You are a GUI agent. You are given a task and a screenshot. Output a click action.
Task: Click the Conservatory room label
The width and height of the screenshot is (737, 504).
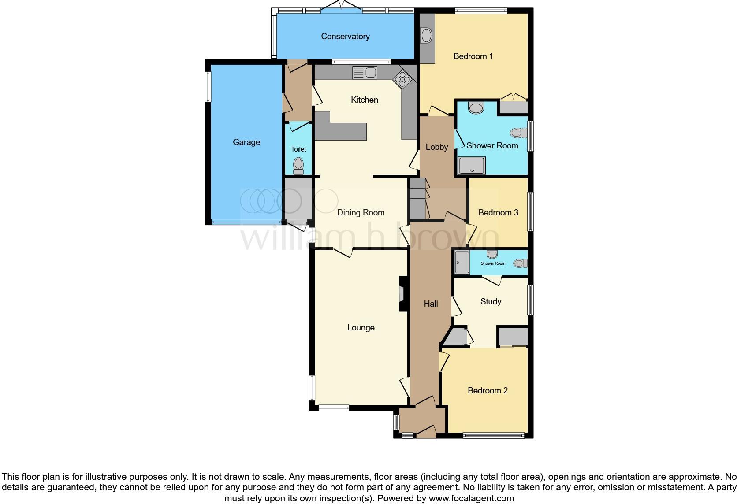coord(345,37)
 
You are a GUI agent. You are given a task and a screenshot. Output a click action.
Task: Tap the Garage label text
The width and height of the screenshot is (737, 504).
coord(246,142)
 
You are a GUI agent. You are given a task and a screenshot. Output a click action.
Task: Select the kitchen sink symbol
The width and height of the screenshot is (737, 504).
coord(365,72)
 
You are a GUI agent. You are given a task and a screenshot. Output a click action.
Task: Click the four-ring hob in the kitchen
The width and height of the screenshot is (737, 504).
coord(403,79)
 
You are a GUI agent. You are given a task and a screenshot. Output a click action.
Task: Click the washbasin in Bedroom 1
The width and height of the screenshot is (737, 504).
coord(426,35)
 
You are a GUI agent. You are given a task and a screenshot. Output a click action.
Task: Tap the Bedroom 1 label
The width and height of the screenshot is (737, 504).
coord(473,56)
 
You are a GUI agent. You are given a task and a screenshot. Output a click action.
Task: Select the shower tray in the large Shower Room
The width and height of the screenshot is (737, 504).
coord(472,165)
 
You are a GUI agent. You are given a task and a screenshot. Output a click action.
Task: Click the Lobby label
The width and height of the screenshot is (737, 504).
coord(436,147)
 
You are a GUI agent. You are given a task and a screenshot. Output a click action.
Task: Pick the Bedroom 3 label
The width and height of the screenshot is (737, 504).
coord(498,213)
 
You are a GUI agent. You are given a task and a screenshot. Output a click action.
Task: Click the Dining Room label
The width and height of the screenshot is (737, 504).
coord(361,213)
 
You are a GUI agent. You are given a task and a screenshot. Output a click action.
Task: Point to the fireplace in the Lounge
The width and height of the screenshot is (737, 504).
coord(402,294)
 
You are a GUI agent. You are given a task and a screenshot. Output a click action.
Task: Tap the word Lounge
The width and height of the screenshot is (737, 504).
coord(361,328)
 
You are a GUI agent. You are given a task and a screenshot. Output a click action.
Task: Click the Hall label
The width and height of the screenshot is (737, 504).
coord(431,304)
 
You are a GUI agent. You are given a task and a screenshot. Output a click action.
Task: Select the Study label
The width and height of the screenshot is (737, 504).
coord(491,302)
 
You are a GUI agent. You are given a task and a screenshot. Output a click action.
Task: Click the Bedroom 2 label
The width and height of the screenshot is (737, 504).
coord(488,391)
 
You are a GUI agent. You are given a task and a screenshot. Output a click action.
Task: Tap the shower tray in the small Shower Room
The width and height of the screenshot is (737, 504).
coord(462,263)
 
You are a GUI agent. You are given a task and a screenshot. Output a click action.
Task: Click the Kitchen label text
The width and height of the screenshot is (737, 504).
coord(365,100)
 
